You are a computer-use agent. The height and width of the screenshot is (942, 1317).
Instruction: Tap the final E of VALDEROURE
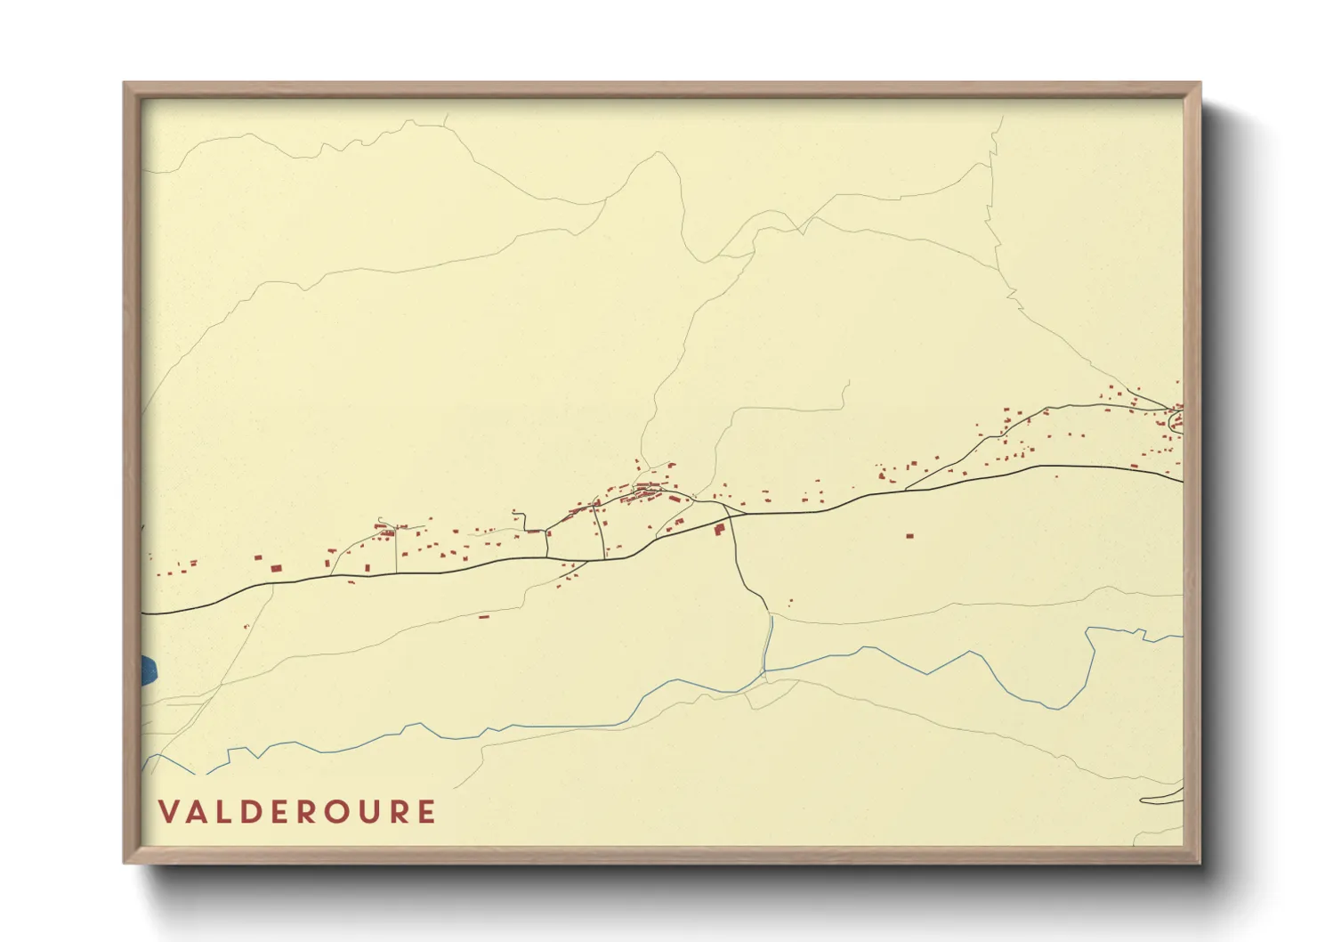(x=427, y=812)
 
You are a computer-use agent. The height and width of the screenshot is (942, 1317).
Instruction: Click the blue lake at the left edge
(x=149, y=670)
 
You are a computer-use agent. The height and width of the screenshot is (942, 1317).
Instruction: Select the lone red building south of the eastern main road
(x=909, y=536)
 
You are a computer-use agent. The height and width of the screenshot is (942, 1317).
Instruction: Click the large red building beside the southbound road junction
(x=719, y=529)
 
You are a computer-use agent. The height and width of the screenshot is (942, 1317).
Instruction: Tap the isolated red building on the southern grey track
(x=484, y=615)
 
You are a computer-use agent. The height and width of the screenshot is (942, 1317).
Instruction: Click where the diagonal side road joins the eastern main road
(x=906, y=489)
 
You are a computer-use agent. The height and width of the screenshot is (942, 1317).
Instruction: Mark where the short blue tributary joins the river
(x=765, y=672)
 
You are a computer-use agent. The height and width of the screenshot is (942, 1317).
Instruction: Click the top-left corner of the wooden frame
(x=125, y=84)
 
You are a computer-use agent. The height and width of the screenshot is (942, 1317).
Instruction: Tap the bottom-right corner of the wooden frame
(x=1200, y=863)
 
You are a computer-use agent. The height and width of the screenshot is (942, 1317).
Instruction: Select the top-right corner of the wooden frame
(x=1200, y=84)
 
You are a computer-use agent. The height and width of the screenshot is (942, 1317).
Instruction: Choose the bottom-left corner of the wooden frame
(x=125, y=863)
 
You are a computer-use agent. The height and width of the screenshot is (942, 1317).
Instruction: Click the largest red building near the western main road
(x=276, y=567)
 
